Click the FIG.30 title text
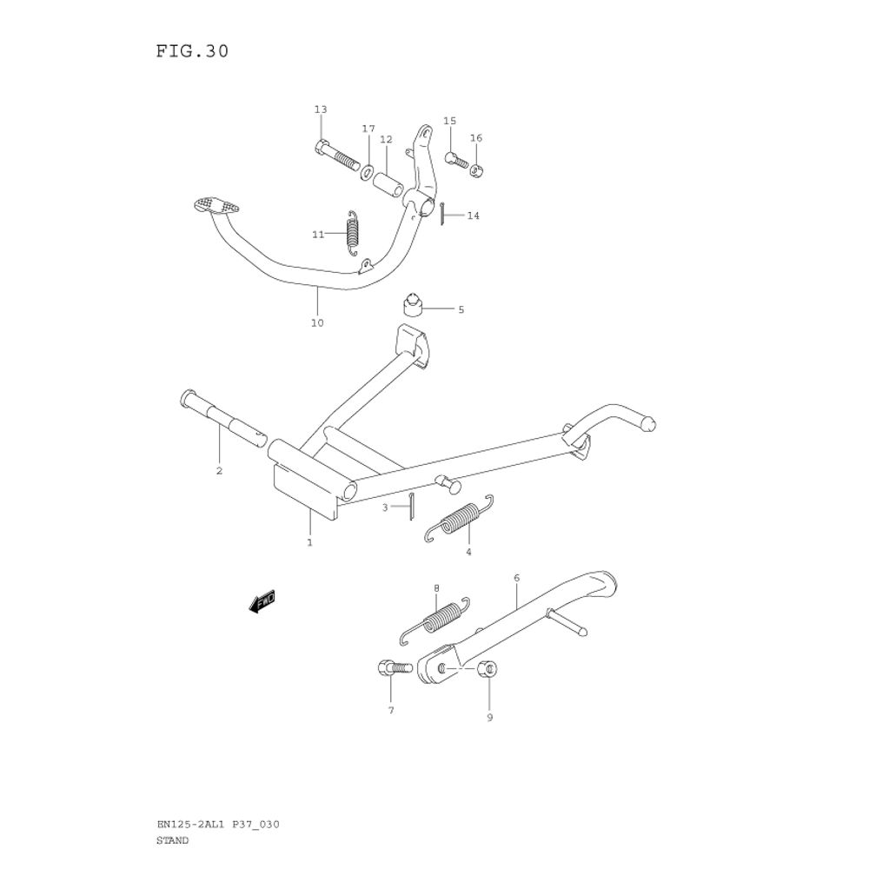[x=193, y=51]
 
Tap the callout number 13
[x=321, y=109]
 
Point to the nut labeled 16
[x=476, y=169]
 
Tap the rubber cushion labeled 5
[x=411, y=306]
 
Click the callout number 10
[x=317, y=323]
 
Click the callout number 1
[x=309, y=542]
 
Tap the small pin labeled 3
[x=411, y=507]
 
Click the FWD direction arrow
[x=262, y=601]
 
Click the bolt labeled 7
[x=390, y=669]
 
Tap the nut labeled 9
[x=488, y=670]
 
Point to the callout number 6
[x=516, y=578]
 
